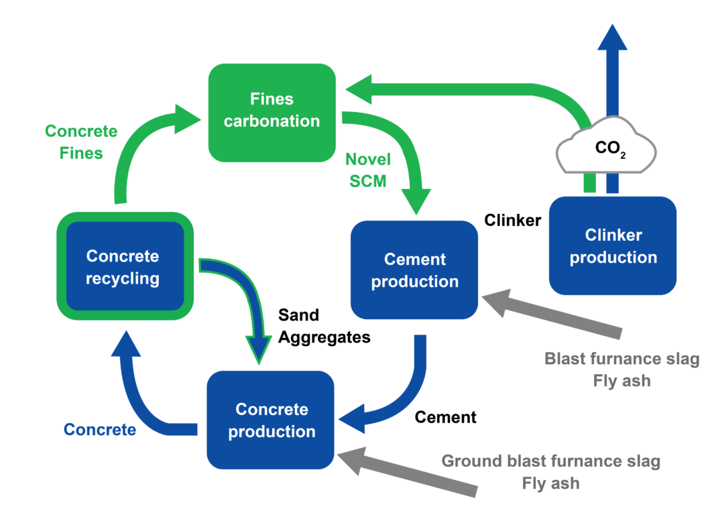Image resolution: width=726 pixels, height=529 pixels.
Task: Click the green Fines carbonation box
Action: click(271, 112)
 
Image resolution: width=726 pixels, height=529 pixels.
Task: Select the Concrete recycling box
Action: click(123, 266)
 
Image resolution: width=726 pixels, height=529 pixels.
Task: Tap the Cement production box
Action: click(414, 270)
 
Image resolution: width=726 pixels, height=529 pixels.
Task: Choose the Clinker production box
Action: click(613, 245)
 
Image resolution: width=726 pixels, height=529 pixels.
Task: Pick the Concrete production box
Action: click(271, 420)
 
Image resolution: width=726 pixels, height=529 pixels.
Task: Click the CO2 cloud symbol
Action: click(605, 149)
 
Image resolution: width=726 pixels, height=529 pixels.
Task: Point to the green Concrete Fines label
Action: click(80, 142)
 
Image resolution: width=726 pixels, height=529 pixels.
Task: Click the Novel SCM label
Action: click(367, 170)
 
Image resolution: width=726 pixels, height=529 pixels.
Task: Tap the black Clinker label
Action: click(512, 220)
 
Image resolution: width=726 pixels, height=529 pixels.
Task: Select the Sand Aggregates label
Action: click(324, 326)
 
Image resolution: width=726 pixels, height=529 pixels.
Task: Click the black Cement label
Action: click(445, 417)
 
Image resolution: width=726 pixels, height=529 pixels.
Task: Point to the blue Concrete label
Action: click(100, 429)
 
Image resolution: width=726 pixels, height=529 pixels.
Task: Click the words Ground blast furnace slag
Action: click(550, 461)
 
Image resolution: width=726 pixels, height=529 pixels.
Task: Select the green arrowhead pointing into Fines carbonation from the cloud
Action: click(359, 89)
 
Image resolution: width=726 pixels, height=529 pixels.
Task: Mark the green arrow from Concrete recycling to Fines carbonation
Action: click(134, 148)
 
